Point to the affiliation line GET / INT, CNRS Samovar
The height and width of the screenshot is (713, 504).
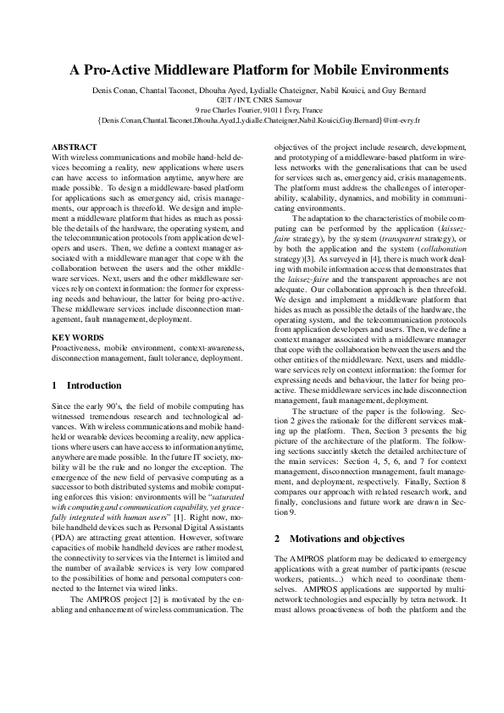[252, 99]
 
